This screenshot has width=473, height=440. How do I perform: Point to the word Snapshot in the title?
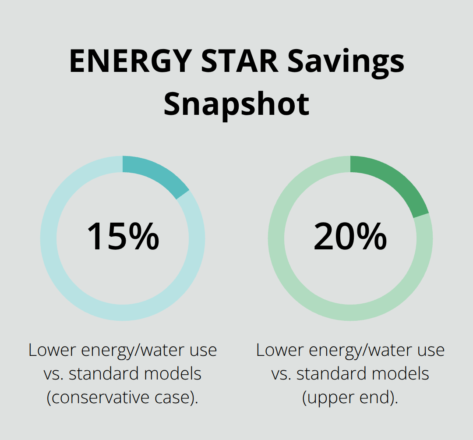[x=236, y=104]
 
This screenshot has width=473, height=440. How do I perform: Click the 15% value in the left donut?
[x=123, y=237]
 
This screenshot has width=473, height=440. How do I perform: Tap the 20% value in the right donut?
[x=350, y=237]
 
